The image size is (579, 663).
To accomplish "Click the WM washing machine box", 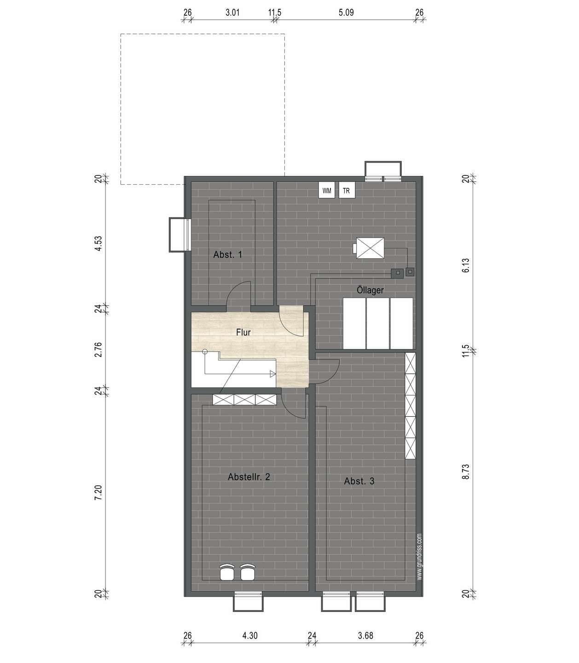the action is (x=327, y=190).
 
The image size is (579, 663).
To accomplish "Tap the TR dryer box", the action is (x=347, y=190).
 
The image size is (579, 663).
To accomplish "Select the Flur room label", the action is (x=243, y=332).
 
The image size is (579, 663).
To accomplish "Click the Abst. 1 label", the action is (x=228, y=255).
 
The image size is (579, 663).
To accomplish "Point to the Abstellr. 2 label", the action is (x=249, y=477).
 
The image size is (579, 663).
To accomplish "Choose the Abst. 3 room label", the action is (x=359, y=481).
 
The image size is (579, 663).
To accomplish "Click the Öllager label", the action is (x=370, y=290).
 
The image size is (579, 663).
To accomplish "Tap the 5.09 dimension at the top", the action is (x=346, y=12).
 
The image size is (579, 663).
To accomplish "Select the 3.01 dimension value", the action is (x=232, y=12).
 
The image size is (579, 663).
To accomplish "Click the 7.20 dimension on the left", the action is (x=98, y=493).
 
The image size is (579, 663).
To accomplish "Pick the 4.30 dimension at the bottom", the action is (x=250, y=636).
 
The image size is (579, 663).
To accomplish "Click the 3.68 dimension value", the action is (x=365, y=636).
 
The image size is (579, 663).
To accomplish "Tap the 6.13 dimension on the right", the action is (x=466, y=265).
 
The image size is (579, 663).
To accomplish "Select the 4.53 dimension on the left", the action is (x=98, y=244).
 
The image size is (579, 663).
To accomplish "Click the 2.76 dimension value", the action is (x=98, y=349).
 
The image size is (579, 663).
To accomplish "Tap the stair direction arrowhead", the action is (x=272, y=374).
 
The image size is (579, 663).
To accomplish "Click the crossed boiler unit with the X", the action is (x=370, y=248).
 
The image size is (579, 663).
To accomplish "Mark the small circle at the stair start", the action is (x=205, y=351).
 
